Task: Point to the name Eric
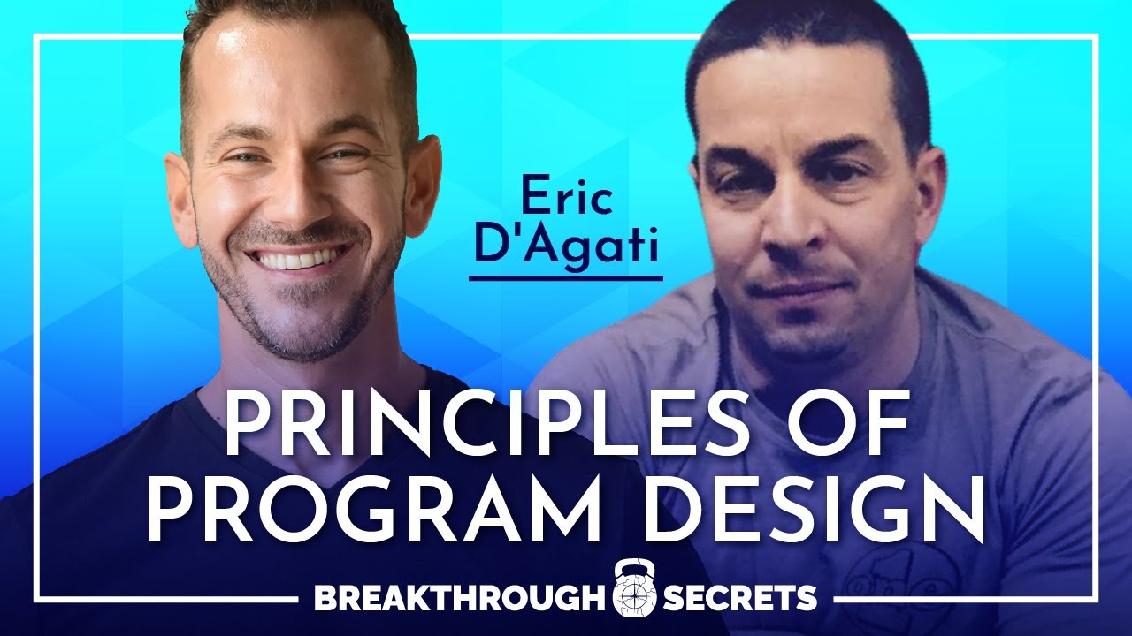tap(567, 199)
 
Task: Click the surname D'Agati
tap(566, 246)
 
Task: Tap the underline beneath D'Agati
tap(566, 278)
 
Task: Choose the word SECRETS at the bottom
tap(739, 598)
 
